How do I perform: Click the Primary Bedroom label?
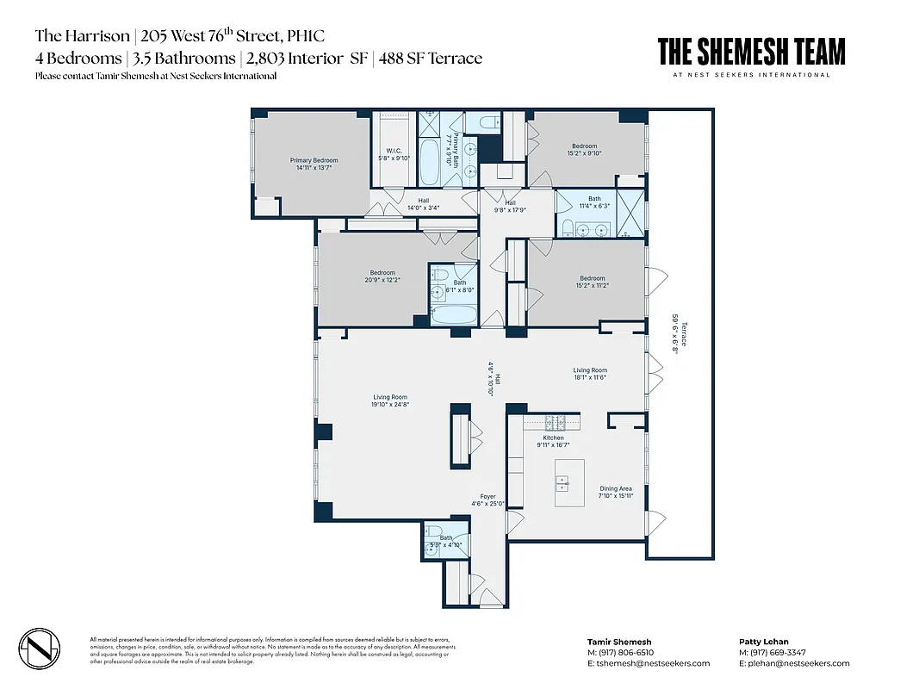(314, 164)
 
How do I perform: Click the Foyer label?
(488, 500)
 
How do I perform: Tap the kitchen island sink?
(563, 483)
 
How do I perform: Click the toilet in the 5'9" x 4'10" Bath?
(434, 531)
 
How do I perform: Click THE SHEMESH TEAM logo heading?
(751, 52)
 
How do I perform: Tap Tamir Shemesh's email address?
(649, 663)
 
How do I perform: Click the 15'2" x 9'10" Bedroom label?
(583, 150)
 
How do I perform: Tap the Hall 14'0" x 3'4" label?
(423, 204)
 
